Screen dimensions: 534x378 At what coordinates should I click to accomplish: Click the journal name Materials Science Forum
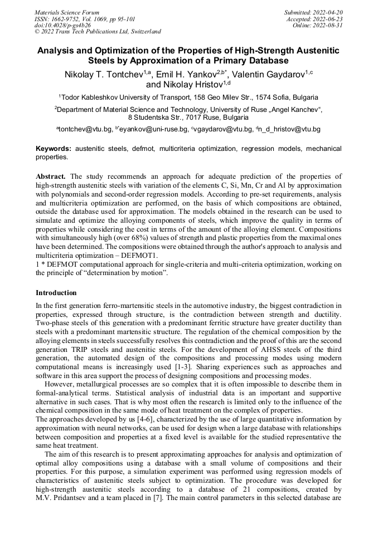tap(67, 12)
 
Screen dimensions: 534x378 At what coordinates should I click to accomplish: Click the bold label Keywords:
tap(54, 149)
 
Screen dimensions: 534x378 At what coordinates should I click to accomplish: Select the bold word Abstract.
tap(51, 176)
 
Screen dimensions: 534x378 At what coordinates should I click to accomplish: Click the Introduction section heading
tap(56, 292)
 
